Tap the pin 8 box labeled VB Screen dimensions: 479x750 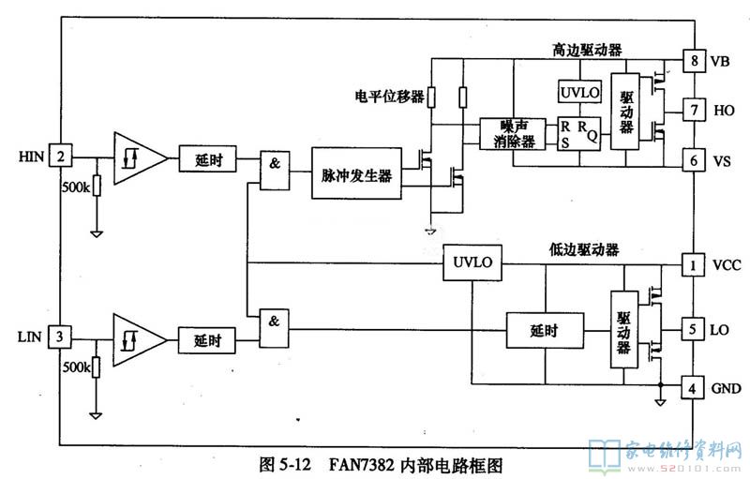[x=693, y=62]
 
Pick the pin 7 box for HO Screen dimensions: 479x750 [x=693, y=111]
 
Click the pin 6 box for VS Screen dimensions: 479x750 [x=693, y=160]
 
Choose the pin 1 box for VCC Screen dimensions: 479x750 [x=693, y=266]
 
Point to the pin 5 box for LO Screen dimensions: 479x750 [x=693, y=329]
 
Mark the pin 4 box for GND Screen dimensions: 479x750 [x=693, y=387]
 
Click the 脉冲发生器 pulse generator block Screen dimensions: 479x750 [x=355, y=172]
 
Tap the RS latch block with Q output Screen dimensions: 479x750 [x=578, y=133]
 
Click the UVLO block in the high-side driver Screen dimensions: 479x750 [x=577, y=92]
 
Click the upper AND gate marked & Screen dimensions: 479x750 [x=275, y=162]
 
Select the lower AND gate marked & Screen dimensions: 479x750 [x=275, y=322]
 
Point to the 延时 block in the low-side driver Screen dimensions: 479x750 [x=543, y=330]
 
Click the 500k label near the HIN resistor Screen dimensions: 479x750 [x=76, y=187]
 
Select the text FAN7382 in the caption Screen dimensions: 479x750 [x=362, y=464]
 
